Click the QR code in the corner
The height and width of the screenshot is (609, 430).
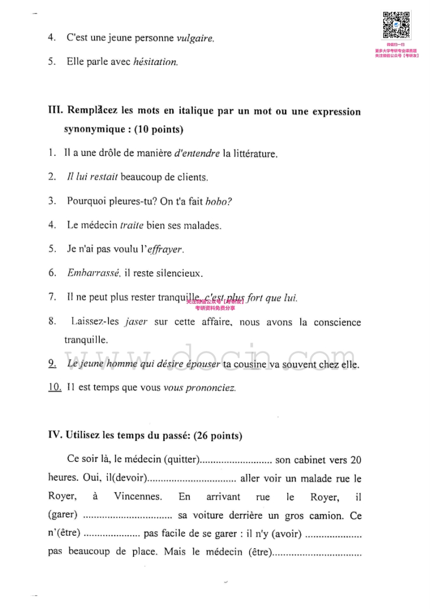pyautogui.click(x=397, y=26)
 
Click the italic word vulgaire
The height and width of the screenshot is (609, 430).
pyautogui.click(x=195, y=39)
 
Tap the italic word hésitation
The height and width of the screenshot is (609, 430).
pyautogui.click(x=155, y=62)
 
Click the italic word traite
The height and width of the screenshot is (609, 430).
pyautogui.click(x=131, y=225)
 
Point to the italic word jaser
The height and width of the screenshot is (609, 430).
pyautogui.click(x=136, y=322)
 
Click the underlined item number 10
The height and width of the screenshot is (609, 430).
pyautogui.click(x=54, y=388)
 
